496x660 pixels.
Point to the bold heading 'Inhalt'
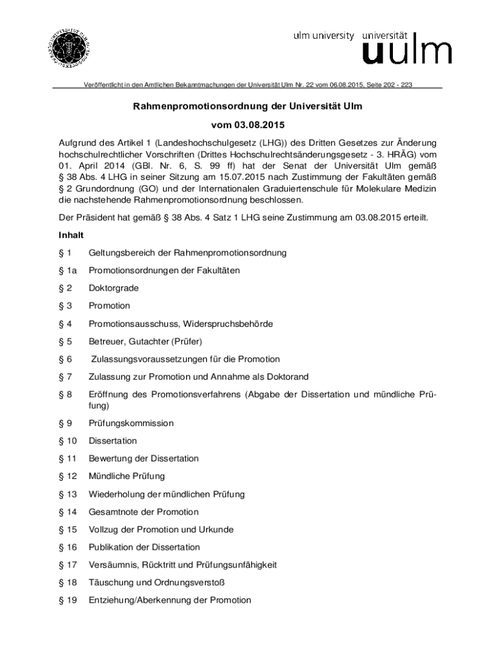coord(71,235)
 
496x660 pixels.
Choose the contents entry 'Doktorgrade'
coord(113,288)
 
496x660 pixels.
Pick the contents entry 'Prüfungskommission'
coord(131,423)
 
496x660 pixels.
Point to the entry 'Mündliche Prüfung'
coord(126,476)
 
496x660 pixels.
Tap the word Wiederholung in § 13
coord(117,494)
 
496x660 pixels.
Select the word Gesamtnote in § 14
coord(113,512)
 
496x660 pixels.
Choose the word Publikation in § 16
coord(110,547)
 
